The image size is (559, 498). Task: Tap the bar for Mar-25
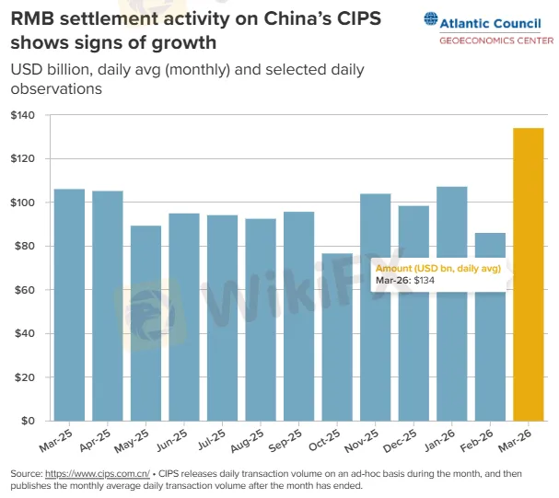point(69,305)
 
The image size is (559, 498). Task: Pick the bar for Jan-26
point(452,304)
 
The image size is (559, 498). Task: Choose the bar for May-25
point(146,323)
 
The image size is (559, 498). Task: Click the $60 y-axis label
point(25,290)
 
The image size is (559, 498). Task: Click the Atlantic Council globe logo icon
point(431,17)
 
